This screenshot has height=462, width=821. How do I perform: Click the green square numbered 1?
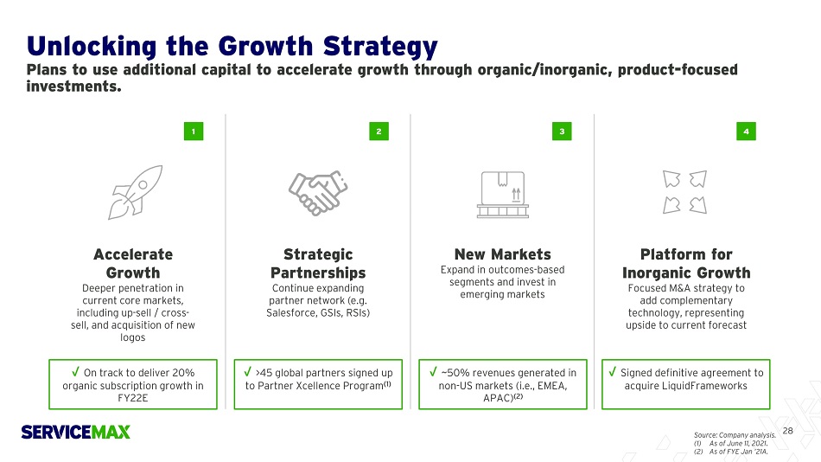(x=194, y=132)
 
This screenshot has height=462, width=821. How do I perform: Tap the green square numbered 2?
(x=379, y=132)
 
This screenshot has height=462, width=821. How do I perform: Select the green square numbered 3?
(x=562, y=132)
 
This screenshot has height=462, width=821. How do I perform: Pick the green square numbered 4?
(x=746, y=132)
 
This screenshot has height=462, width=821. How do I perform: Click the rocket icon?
(x=135, y=192)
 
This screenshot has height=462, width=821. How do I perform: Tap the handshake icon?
(x=318, y=192)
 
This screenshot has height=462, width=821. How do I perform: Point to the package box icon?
(x=503, y=195)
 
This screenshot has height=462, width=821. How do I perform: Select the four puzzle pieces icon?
(x=684, y=192)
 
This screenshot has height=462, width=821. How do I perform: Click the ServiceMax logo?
(x=75, y=432)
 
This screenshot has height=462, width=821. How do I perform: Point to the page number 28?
(x=787, y=431)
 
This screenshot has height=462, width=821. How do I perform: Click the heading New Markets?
(x=503, y=254)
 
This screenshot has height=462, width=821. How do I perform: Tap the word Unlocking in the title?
(x=92, y=46)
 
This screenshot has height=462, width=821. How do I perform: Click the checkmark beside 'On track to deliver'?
(x=76, y=372)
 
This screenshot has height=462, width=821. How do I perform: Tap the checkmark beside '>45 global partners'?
(x=248, y=372)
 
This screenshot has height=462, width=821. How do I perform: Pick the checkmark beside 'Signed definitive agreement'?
(x=613, y=372)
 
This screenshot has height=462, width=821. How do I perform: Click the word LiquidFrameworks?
(x=704, y=386)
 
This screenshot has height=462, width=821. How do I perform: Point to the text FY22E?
(x=133, y=398)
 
